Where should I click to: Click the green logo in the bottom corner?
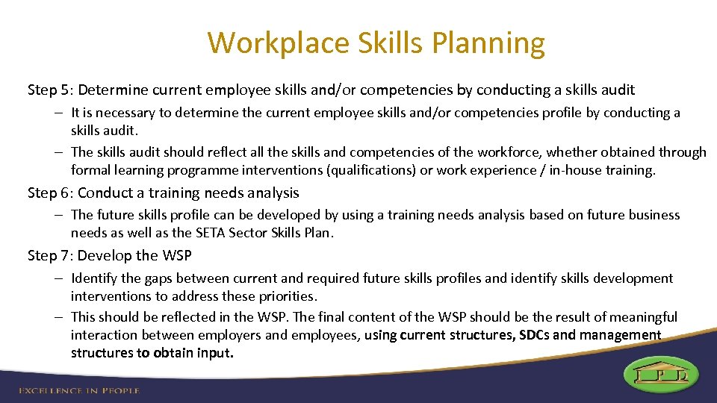661,375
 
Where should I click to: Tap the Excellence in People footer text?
78,390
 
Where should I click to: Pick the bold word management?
624,335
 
